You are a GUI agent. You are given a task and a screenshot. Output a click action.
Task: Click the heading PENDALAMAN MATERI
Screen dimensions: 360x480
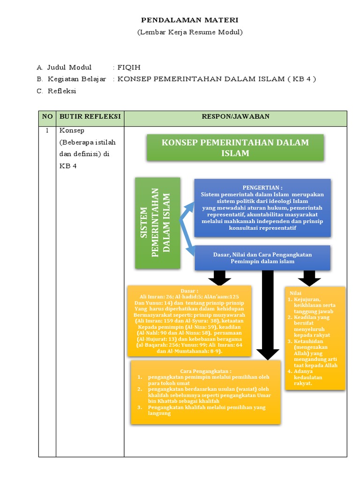tap(190, 20)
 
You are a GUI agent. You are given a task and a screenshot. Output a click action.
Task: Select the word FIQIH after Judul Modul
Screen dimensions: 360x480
tap(129, 67)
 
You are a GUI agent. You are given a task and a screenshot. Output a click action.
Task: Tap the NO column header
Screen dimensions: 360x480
tap(47, 116)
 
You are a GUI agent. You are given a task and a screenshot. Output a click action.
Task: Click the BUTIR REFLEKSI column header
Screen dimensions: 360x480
tap(90, 116)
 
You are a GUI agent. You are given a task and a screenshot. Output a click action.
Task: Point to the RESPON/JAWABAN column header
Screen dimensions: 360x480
tap(235, 116)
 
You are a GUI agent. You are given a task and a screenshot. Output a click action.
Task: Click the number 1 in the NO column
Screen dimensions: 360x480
tap(47, 131)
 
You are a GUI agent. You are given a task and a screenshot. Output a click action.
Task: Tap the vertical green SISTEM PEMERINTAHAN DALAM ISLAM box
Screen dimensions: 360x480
tap(157, 223)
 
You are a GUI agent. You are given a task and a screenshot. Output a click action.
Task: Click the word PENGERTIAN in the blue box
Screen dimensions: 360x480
tap(262, 187)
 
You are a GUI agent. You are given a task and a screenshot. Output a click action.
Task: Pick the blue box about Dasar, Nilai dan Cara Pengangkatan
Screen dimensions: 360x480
tap(262, 257)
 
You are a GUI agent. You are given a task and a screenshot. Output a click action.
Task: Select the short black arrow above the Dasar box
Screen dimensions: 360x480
tap(220, 277)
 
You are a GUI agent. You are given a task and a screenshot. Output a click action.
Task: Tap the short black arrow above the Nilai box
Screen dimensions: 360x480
tap(309, 277)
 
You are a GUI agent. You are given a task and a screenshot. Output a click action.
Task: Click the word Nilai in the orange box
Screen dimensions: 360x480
tap(296, 293)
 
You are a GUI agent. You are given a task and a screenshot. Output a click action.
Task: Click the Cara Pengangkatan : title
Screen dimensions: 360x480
tap(206, 370)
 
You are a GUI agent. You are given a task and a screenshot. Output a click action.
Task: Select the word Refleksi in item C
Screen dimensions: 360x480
tap(61, 91)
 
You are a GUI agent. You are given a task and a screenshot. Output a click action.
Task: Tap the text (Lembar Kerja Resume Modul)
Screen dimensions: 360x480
tap(190, 32)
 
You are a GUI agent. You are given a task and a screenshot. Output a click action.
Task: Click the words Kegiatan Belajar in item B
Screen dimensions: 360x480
tap(77, 79)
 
